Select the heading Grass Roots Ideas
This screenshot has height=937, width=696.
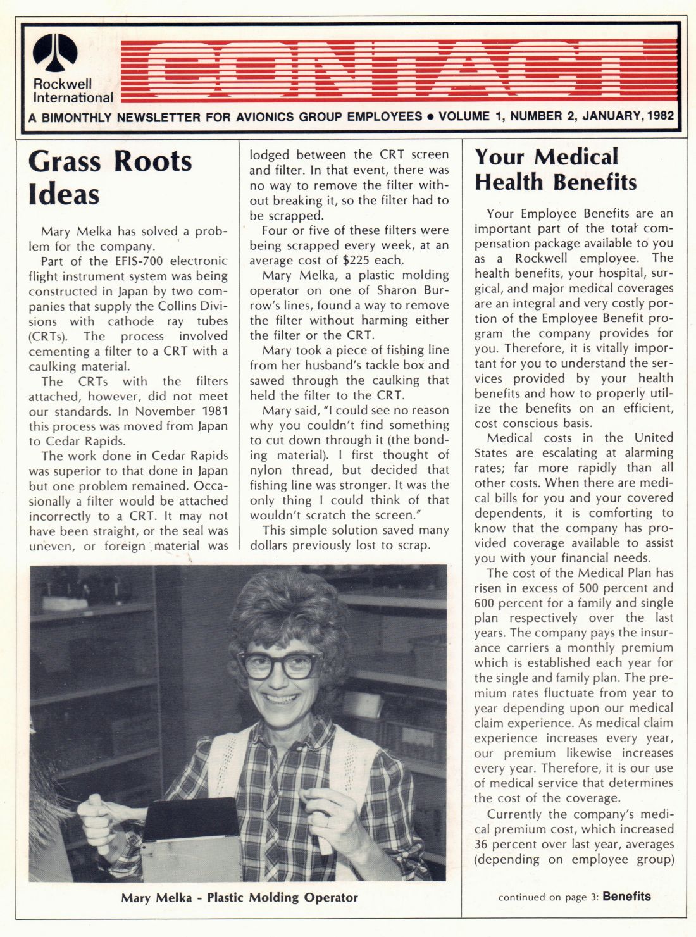click(x=109, y=177)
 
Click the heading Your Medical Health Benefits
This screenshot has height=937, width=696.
click(x=556, y=169)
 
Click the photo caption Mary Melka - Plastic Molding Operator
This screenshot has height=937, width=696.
click(x=239, y=897)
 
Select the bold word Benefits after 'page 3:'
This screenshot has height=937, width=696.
click(x=626, y=896)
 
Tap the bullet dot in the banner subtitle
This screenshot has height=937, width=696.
click(x=430, y=116)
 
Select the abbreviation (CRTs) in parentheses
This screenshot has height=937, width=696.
click(x=48, y=336)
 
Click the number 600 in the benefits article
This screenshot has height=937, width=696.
click(x=486, y=603)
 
